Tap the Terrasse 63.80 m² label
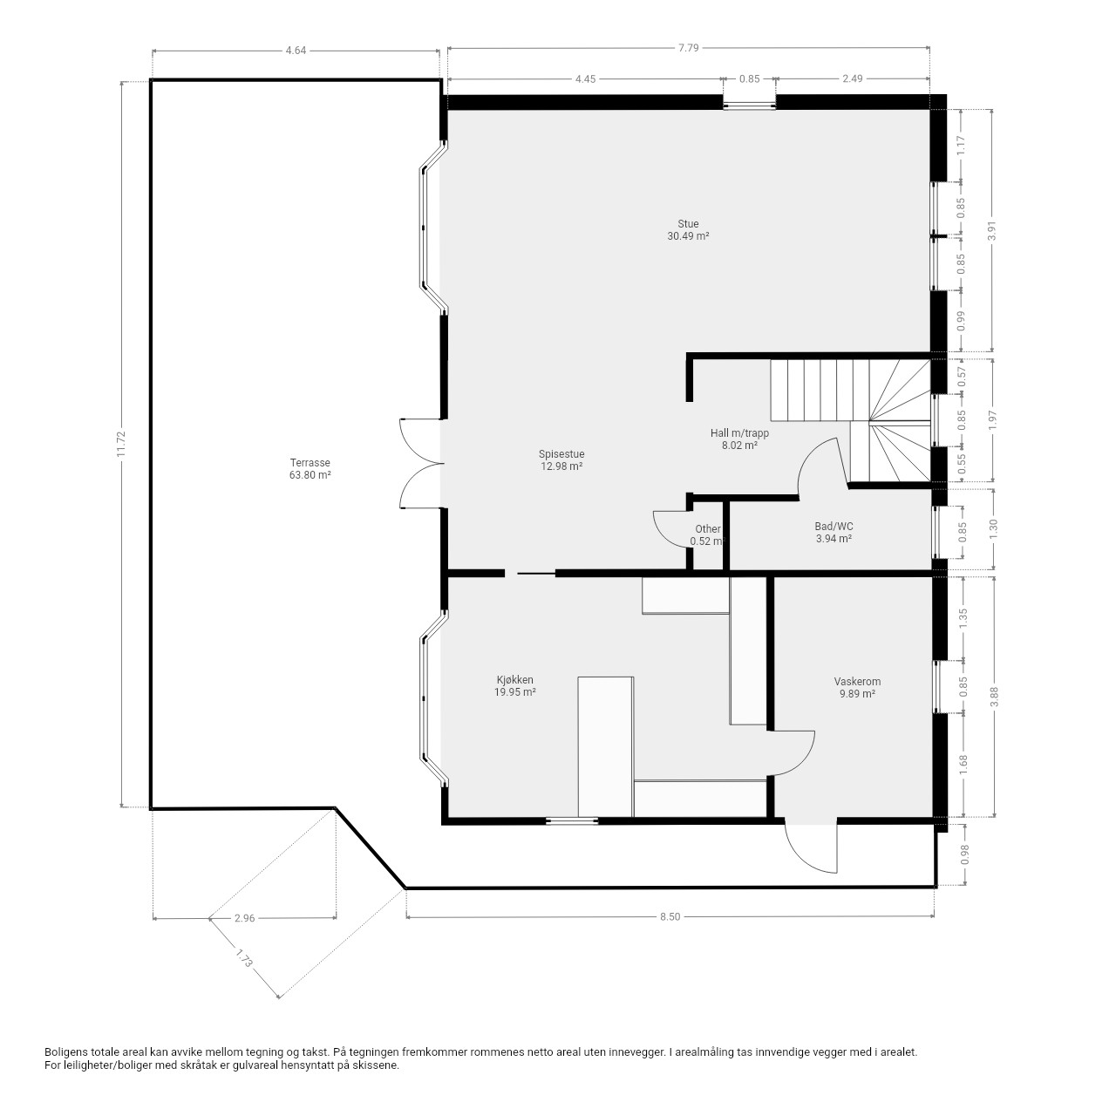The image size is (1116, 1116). tap(310, 468)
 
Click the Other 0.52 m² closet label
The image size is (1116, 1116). tap(708, 534)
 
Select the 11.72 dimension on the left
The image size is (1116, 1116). tap(121, 444)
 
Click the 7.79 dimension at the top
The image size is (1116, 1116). tap(689, 47)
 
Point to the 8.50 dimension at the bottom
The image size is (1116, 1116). tap(670, 916)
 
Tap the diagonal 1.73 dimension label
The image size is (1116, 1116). tap(244, 956)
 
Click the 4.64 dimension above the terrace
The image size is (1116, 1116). tap(296, 51)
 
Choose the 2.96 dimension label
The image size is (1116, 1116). tap(244, 918)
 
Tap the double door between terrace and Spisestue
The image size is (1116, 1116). tap(422, 463)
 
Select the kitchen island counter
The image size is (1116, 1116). tap(606, 746)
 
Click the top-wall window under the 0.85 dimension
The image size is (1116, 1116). tap(750, 105)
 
